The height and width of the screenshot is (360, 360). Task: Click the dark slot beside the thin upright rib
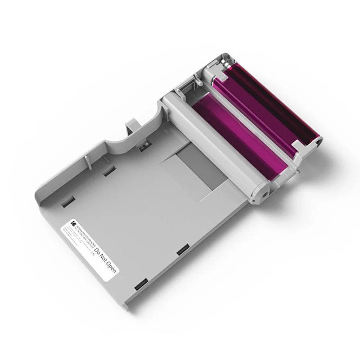click(x=108, y=171)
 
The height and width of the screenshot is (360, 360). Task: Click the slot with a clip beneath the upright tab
click(x=145, y=145)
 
